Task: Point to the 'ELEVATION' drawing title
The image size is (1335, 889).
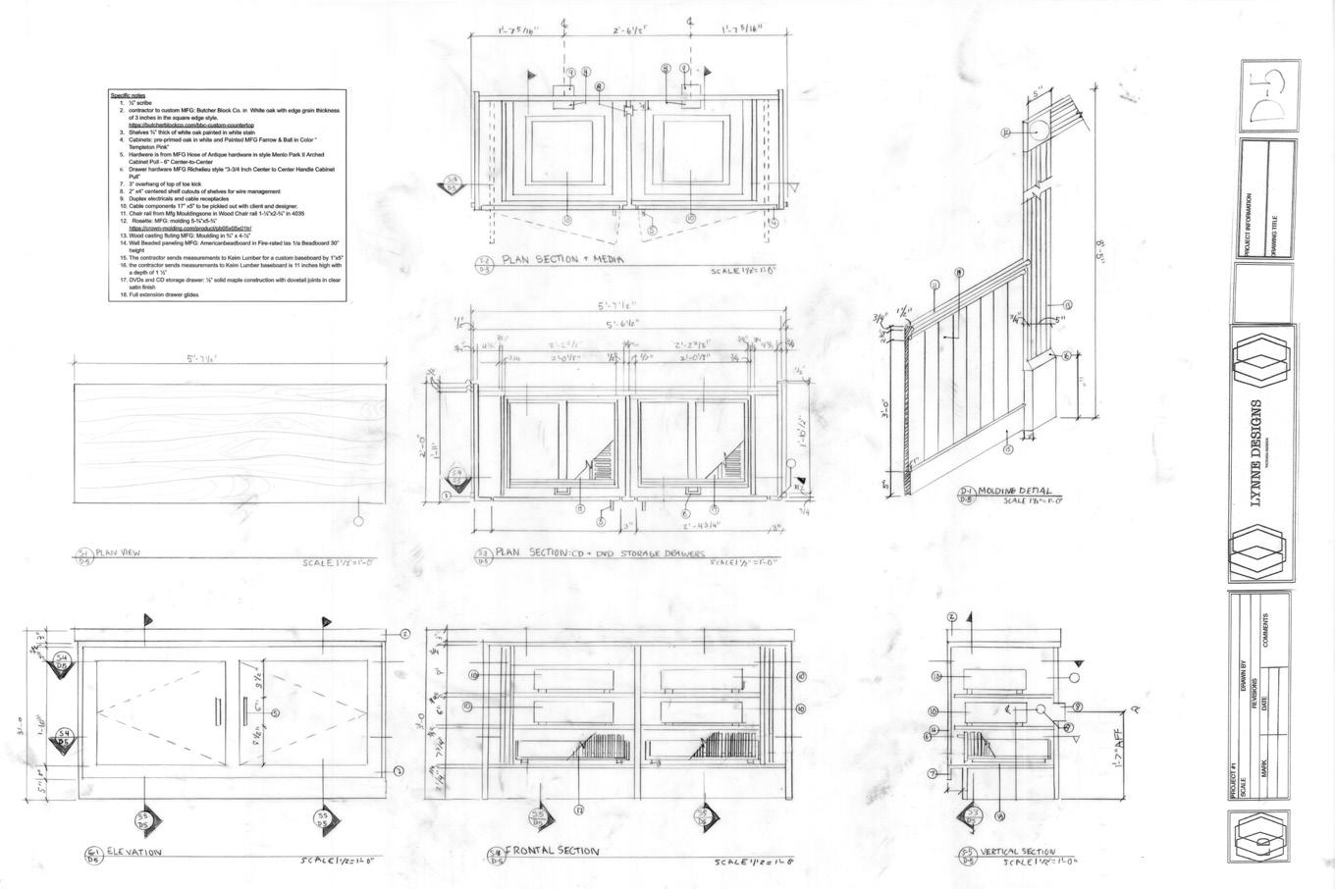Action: pos(134,853)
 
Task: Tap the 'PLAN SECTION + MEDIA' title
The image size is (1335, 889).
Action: pos(562,260)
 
